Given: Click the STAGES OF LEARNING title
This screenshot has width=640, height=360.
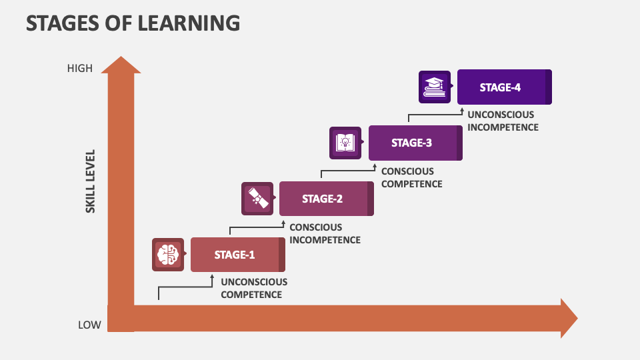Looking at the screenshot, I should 133,23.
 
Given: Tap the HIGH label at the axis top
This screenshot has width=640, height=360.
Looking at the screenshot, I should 80,68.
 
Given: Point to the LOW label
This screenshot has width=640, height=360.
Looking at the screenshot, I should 89,325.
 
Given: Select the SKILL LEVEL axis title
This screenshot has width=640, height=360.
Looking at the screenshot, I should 91,181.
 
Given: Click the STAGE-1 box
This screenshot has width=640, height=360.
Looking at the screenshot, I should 235,255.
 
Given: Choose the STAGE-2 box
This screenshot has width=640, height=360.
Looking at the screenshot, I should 323,199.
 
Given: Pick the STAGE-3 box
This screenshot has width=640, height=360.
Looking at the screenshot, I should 412,143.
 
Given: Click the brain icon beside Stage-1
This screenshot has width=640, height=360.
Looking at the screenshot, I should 168,254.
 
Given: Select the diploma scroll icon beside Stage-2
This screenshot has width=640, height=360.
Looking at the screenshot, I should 257,199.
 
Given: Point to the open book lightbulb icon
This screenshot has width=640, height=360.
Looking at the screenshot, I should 345,143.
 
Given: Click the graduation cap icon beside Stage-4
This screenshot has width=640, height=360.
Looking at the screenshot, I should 435,87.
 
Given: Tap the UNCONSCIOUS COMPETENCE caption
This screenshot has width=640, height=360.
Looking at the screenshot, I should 254,288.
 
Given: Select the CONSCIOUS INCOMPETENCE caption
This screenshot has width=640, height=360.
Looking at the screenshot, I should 325,233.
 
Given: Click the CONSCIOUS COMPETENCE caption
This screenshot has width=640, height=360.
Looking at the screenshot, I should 411,177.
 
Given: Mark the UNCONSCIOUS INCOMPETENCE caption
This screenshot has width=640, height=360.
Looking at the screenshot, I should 503,121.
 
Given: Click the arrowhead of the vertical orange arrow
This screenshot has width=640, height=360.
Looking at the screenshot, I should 121,65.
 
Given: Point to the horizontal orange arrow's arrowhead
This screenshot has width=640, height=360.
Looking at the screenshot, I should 568,318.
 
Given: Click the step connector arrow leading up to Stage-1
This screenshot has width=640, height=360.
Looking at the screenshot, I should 185,287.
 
